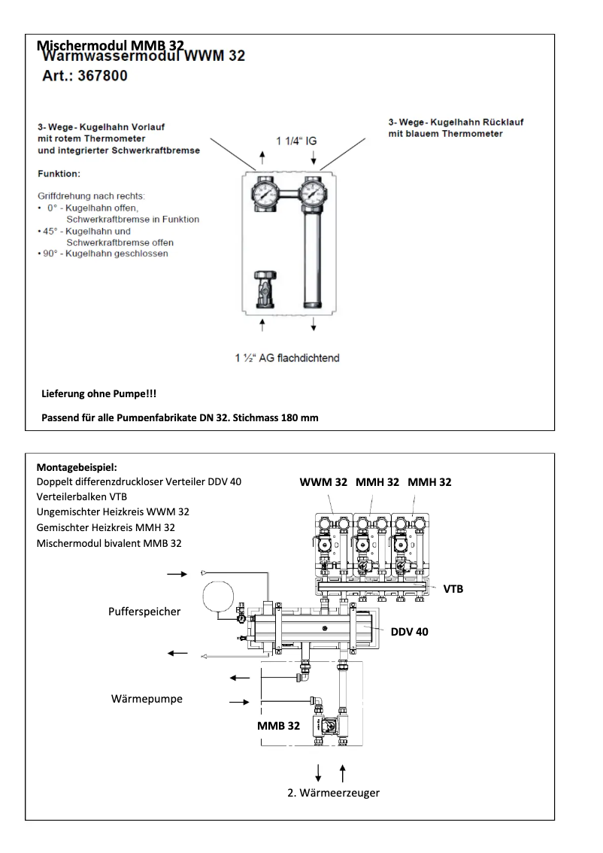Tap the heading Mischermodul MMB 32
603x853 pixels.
point(111,45)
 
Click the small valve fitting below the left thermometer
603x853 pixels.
point(263,287)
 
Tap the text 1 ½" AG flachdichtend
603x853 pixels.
point(286,357)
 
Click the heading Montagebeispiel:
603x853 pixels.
point(75,467)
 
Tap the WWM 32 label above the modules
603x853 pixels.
point(323,482)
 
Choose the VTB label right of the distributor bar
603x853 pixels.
point(453,588)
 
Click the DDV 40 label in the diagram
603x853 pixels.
point(409,631)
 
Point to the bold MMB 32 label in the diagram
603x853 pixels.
point(278,726)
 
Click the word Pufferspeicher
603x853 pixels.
point(145,612)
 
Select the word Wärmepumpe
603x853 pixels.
point(147,699)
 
